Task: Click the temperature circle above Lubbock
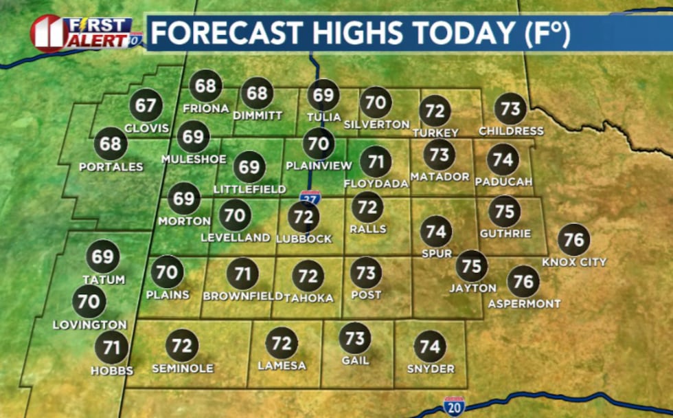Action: point(303,217)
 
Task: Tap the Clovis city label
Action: point(146,129)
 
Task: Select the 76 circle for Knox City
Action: point(573,240)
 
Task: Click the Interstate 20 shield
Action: point(454,406)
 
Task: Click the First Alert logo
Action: point(82,32)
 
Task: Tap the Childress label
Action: point(511,131)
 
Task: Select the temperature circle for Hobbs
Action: point(111,347)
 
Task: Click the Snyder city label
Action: point(430,368)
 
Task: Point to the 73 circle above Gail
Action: point(355,338)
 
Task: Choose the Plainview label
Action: point(319,166)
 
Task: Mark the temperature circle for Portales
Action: point(111,144)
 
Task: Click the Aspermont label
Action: point(524,303)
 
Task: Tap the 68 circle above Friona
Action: point(205,86)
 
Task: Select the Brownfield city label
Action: point(243,296)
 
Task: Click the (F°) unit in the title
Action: point(547,33)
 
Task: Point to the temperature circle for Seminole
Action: point(182,346)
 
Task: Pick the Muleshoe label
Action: point(193,159)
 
